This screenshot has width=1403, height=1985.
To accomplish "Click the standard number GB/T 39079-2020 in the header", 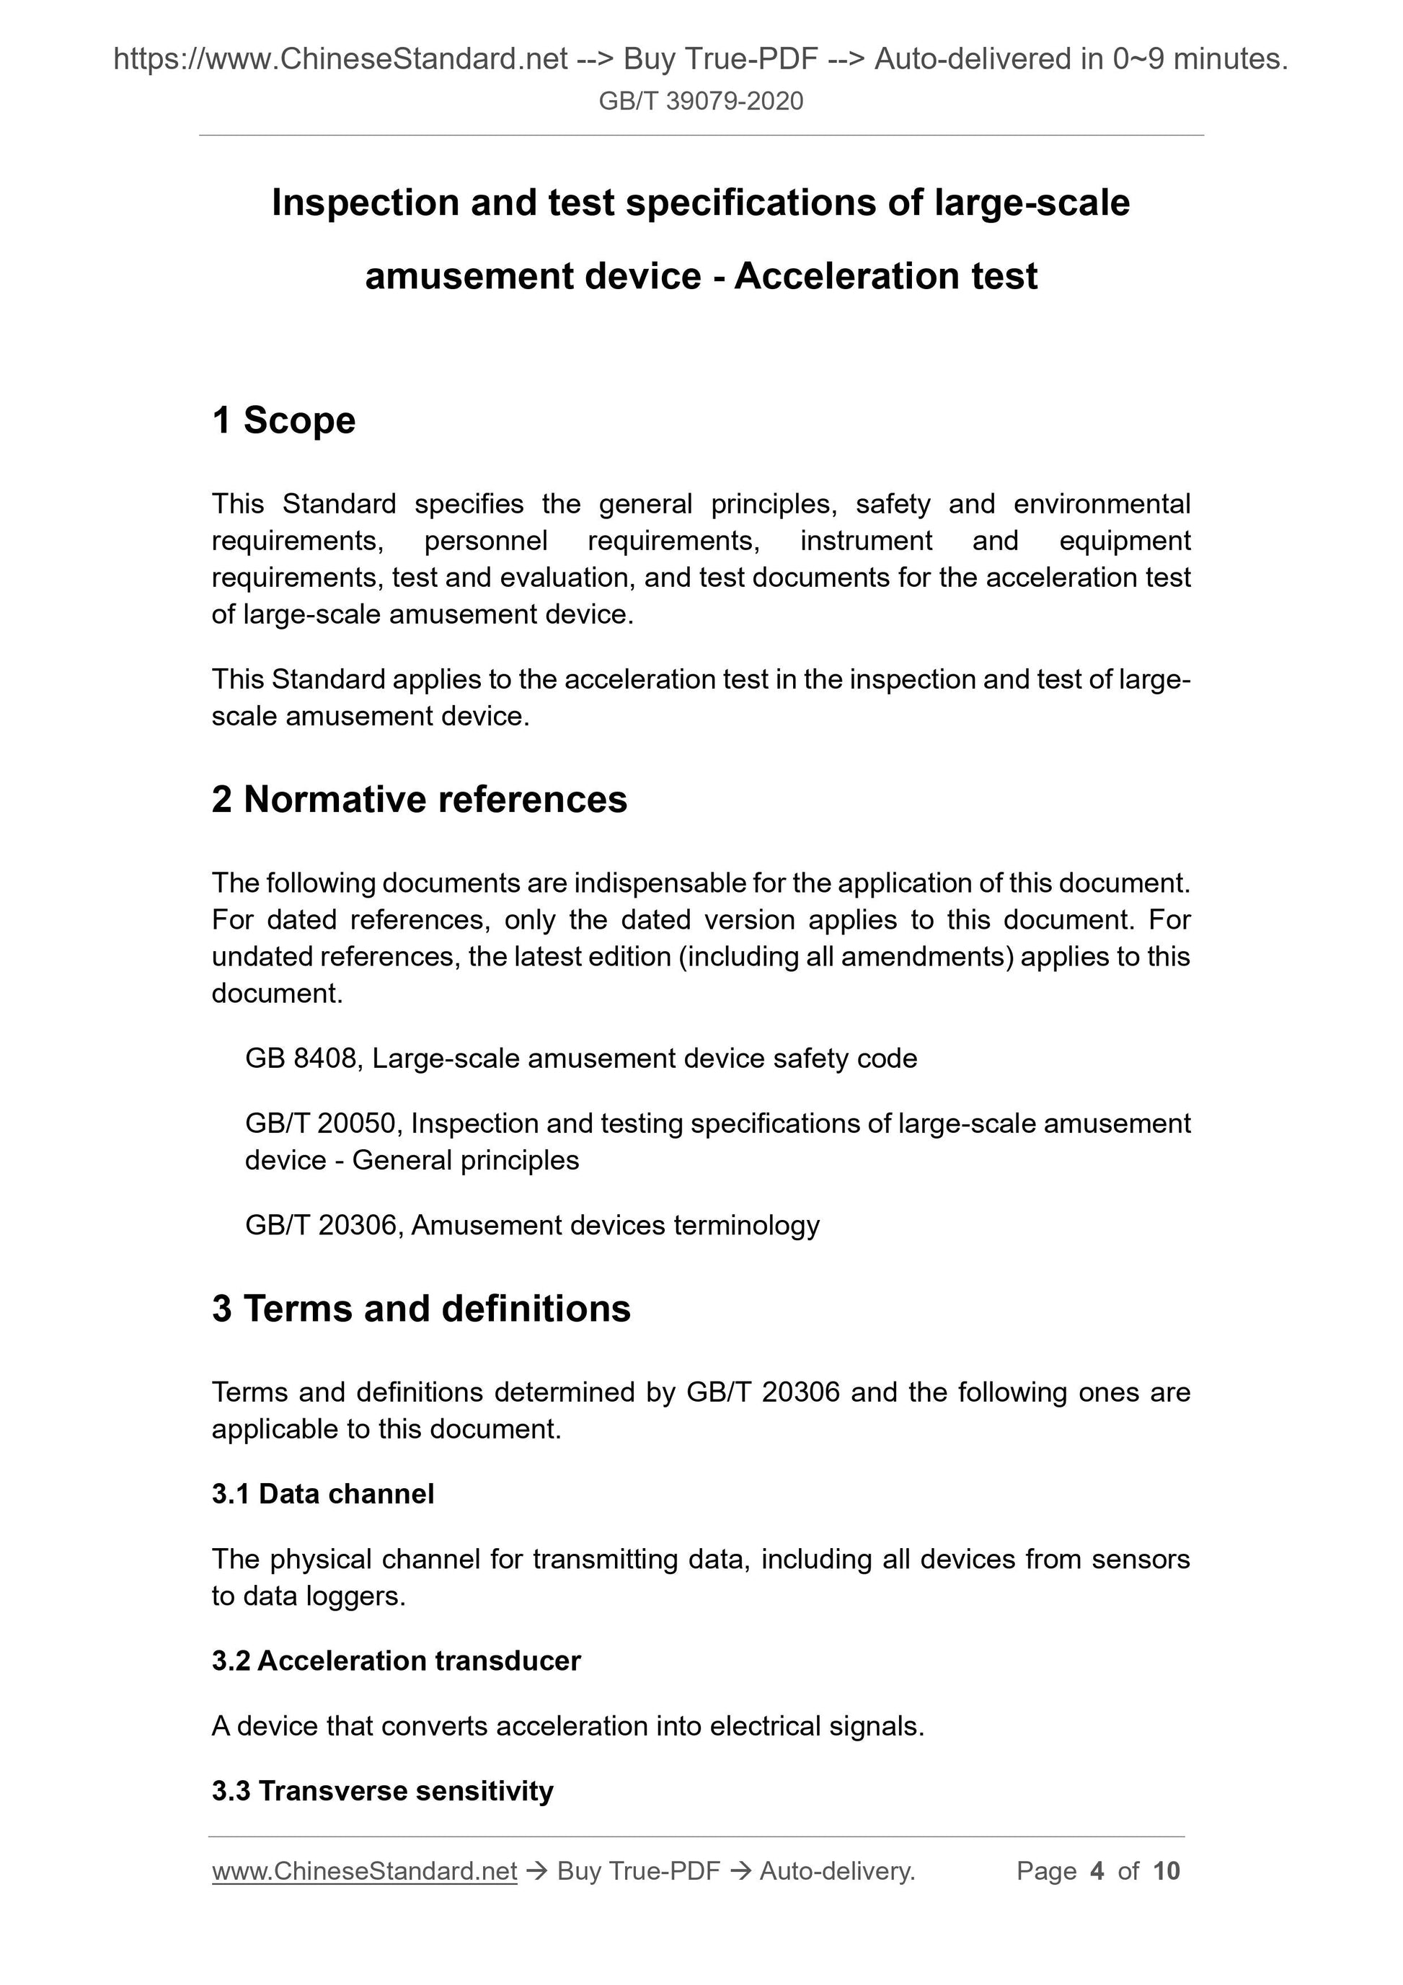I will point(700,101).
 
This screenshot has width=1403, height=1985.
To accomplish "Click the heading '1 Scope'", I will point(283,420).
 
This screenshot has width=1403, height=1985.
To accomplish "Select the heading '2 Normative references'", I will point(420,799).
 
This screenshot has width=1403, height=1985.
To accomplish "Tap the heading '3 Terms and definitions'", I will point(421,1308).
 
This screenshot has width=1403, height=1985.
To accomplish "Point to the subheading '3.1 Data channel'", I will point(322,1493).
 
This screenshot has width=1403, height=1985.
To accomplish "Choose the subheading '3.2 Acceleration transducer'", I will point(396,1660).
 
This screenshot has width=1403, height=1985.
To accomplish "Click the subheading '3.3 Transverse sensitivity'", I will point(382,1790).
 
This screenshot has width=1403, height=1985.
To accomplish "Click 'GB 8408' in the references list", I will point(301,1058).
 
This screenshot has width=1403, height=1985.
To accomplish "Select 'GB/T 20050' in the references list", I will point(320,1123).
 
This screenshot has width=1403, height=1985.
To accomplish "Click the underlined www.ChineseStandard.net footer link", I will point(364,1871).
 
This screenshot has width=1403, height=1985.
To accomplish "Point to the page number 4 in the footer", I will point(1097,1871).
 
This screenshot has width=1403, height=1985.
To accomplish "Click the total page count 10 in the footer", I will point(1166,1871).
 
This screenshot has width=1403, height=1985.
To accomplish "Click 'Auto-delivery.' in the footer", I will point(837,1871).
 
